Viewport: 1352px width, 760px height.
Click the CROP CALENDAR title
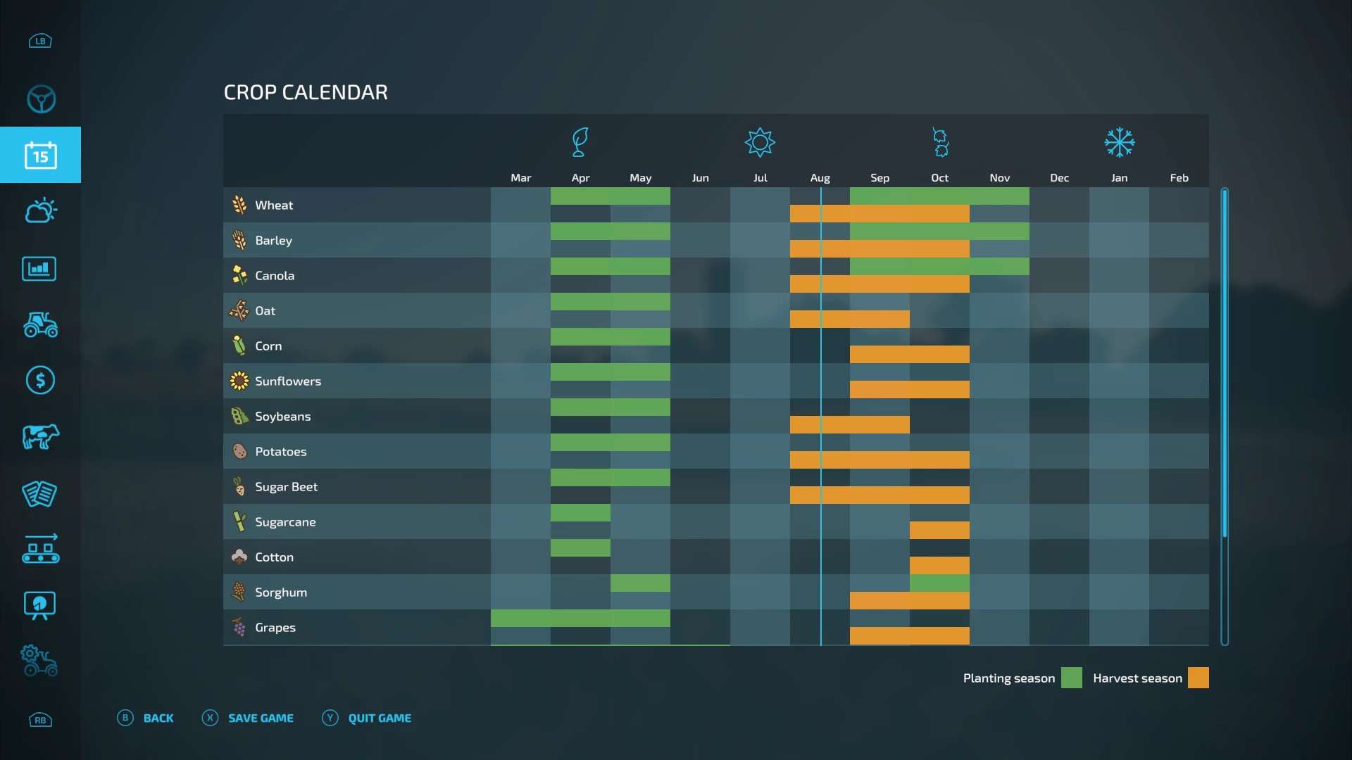(306, 92)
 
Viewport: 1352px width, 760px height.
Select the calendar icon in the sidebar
(40, 156)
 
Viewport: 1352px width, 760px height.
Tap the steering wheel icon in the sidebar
(41, 99)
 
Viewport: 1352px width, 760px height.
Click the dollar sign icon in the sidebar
(40, 381)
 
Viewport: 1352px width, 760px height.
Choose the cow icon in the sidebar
(40, 437)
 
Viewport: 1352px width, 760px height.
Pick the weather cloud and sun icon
(40, 210)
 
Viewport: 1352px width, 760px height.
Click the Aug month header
(820, 178)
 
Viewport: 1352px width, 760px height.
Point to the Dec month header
(1059, 178)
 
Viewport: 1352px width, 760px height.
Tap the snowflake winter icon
(1119, 143)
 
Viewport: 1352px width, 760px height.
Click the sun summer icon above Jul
(760, 143)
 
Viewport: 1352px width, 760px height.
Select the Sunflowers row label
(287, 381)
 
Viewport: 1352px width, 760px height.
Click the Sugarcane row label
(285, 522)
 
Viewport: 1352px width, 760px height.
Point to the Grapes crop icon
(239, 627)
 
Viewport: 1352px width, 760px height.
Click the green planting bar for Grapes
(580, 619)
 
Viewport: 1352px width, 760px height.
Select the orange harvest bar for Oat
(849, 319)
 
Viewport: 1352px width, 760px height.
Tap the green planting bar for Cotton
(580, 548)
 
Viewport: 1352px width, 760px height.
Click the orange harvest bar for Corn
(909, 355)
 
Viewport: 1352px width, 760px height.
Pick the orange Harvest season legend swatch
(1198, 678)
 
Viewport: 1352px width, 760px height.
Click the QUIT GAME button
(379, 718)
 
